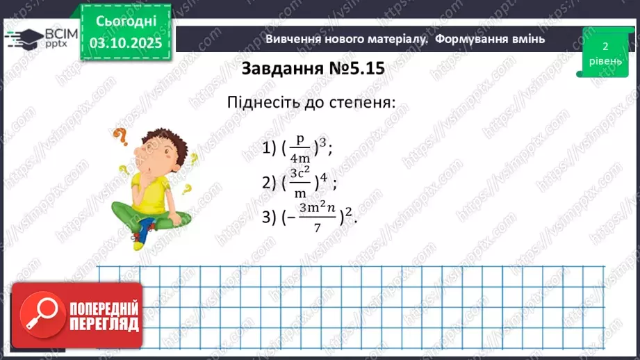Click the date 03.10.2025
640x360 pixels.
tap(125, 43)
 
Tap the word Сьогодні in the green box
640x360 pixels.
tap(125, 21)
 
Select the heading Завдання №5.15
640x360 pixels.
tap(313, 69)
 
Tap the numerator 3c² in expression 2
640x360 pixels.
tap(300, 172)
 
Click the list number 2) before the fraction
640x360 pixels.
tap(270, 183)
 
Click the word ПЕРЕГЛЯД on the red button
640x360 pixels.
tap(104, 324)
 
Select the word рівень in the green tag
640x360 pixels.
tap(605, 61)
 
